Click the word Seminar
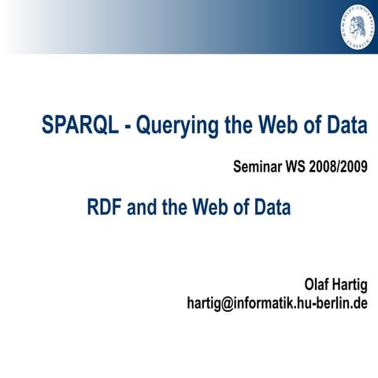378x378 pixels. [261, 167]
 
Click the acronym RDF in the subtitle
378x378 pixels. [106, 208]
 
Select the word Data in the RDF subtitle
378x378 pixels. [272, 208]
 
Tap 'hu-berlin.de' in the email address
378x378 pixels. [330, 302]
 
